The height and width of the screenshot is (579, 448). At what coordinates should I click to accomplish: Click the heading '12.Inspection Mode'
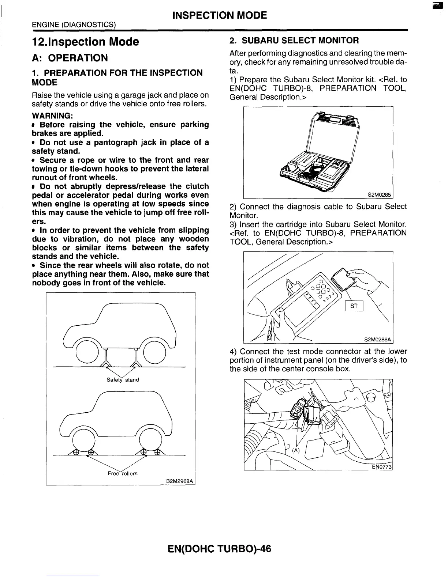[86, 42]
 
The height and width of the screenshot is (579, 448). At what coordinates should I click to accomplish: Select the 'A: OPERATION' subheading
[70, 58]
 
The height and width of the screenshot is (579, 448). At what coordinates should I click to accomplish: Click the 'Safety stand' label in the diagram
[123, 380]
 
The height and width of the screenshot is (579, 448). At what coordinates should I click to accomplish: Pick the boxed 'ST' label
[354, 306]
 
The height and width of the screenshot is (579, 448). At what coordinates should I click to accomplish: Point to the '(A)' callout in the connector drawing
[296, 450]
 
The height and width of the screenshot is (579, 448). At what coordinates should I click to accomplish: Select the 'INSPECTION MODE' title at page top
[219, 15]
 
